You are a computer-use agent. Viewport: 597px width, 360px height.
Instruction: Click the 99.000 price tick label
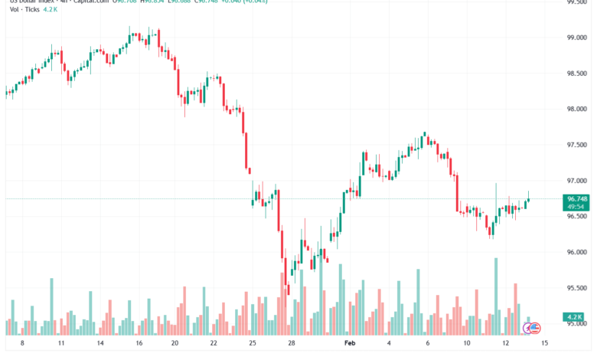(x=576, y=38)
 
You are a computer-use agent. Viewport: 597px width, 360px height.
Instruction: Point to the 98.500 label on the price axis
(x=576, y=74)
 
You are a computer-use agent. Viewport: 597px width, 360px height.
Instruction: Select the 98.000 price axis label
(x=576, y=109)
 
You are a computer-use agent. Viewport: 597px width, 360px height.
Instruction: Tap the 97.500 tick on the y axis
(x=576, y=145)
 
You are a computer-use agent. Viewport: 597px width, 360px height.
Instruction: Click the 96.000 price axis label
(x=576, y=252)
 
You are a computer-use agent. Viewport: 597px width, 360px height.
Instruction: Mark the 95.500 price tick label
(x=576, y=288)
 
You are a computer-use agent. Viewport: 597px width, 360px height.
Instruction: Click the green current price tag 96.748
(x=576, y=198)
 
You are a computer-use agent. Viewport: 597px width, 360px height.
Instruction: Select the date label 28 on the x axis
(x=292, y=344)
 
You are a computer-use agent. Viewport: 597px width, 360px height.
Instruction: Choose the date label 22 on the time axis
(x=214, y=344)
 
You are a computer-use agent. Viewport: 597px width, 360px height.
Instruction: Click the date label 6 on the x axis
(x=426, y=344)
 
